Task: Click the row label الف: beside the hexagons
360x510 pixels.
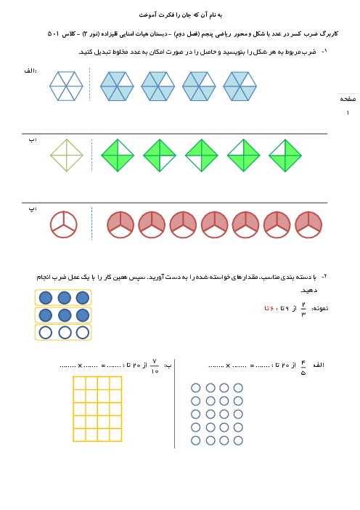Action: pos(30,71)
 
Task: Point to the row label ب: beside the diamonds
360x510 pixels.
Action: pos(33,140)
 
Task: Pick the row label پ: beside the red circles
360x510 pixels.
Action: pos(33,209)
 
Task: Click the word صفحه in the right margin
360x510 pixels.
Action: pos(348,99)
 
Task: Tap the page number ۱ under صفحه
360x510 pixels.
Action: pos(348,113)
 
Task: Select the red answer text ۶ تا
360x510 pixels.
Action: pos(269,308)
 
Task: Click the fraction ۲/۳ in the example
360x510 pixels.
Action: pos(303,309)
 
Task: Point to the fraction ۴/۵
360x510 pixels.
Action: pos(303,368)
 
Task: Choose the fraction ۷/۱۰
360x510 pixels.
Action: pos(155,366)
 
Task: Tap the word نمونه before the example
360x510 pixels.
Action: pos(320,308)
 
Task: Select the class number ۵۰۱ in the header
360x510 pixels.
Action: pos(54,34)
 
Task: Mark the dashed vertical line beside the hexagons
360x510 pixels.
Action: pos(90,84)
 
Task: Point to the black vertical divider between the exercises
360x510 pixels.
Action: pos(175,404)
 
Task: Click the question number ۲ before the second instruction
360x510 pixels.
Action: pos(324,277)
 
